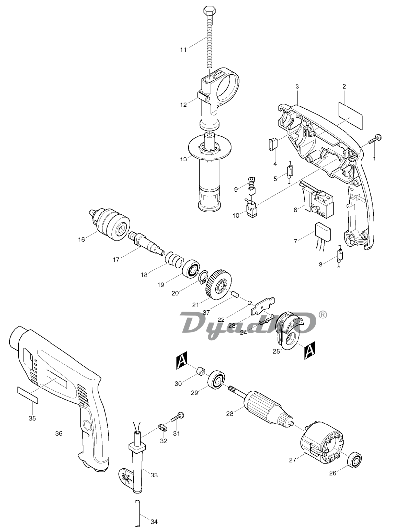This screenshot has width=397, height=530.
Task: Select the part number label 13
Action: pyautogui.click(x=183, y=159)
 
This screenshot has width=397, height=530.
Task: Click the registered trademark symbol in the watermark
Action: pyautogui.click(x=323, y=314)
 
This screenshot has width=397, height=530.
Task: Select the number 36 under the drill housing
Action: pyautogui.click(x=59, y=433)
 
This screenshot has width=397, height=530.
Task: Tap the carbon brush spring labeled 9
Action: pyautogui.click(x=251, y=184)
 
